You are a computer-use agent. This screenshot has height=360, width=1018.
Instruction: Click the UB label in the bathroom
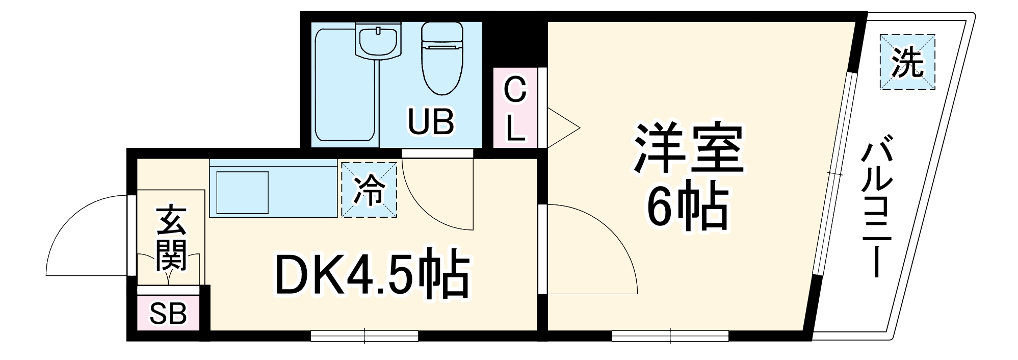(431, 122)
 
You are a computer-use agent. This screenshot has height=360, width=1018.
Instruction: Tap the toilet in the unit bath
(441, 59)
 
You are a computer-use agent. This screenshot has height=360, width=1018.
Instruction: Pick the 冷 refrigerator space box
(369, 190)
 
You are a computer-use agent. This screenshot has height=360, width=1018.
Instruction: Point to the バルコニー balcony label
(876, 209)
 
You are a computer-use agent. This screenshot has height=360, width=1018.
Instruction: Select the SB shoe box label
(168, 314)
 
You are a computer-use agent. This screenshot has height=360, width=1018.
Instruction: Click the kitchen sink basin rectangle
(243, 193)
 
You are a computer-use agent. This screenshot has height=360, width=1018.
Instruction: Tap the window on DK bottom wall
(364, 336)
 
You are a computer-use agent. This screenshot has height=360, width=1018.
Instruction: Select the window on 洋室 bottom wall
(670, 336)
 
